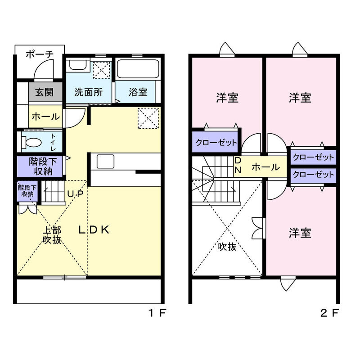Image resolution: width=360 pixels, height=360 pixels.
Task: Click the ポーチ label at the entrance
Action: [x=40, y=54]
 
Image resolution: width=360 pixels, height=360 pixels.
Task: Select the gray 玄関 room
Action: [x=45, y=93]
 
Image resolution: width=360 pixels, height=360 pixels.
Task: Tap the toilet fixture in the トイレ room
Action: [x=32, y=143]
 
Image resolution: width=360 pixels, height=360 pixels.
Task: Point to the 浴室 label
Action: [x=138, y=92]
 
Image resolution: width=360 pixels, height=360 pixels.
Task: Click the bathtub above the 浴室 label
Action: [x=138, y=70]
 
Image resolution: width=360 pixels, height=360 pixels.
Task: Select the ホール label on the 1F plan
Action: [x=45, y=117]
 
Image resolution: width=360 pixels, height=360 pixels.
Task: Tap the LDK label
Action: [x=94, y=229]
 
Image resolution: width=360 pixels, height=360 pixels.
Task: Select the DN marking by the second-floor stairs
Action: [x=238, y=165]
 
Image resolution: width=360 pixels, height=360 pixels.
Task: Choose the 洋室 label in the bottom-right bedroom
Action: [x=300, y=233]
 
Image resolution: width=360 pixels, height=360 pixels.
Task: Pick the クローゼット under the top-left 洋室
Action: [x=216, y=143]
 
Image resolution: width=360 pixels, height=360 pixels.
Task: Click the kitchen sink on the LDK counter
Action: [x=106, y=161]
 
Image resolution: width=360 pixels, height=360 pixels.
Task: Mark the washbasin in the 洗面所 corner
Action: [x=77, y=65]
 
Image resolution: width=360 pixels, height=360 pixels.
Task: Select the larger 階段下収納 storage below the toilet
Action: [x=41, y=166]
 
